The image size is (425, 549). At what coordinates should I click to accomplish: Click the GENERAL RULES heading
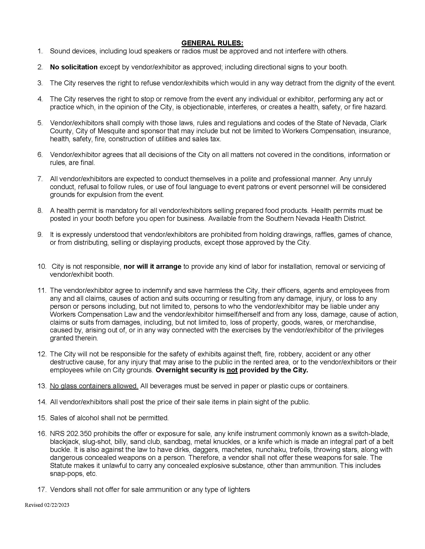click(x=212, y=43)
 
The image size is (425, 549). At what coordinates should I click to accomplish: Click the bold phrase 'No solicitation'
click(x=74, y=67)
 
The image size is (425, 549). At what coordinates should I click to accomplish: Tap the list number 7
click(x=40, y=179)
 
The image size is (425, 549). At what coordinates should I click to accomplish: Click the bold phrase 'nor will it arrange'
click(x=152, y=267)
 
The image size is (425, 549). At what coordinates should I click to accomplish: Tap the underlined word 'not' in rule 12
click(x=232, y=370)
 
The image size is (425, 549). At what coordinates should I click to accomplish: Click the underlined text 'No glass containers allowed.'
click(x=94, y=386)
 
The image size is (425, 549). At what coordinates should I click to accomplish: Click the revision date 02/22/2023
click(x=57, y=505)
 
